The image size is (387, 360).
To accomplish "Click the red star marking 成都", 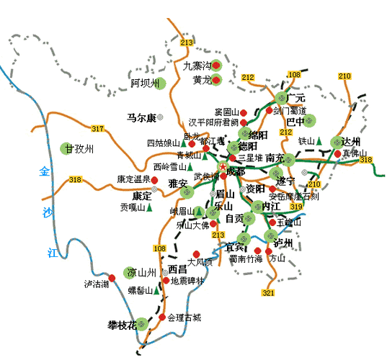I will [223, 166].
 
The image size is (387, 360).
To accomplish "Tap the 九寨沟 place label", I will [195, 66].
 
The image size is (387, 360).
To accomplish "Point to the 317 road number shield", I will [97, 129].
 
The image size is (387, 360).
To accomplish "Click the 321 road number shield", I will [268, 293].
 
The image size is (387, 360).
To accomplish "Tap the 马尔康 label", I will [141, 117].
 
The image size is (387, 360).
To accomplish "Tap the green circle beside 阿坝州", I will [161, 83].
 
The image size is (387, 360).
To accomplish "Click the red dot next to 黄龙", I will [215, 81].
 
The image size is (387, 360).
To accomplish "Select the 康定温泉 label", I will [133, 179].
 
